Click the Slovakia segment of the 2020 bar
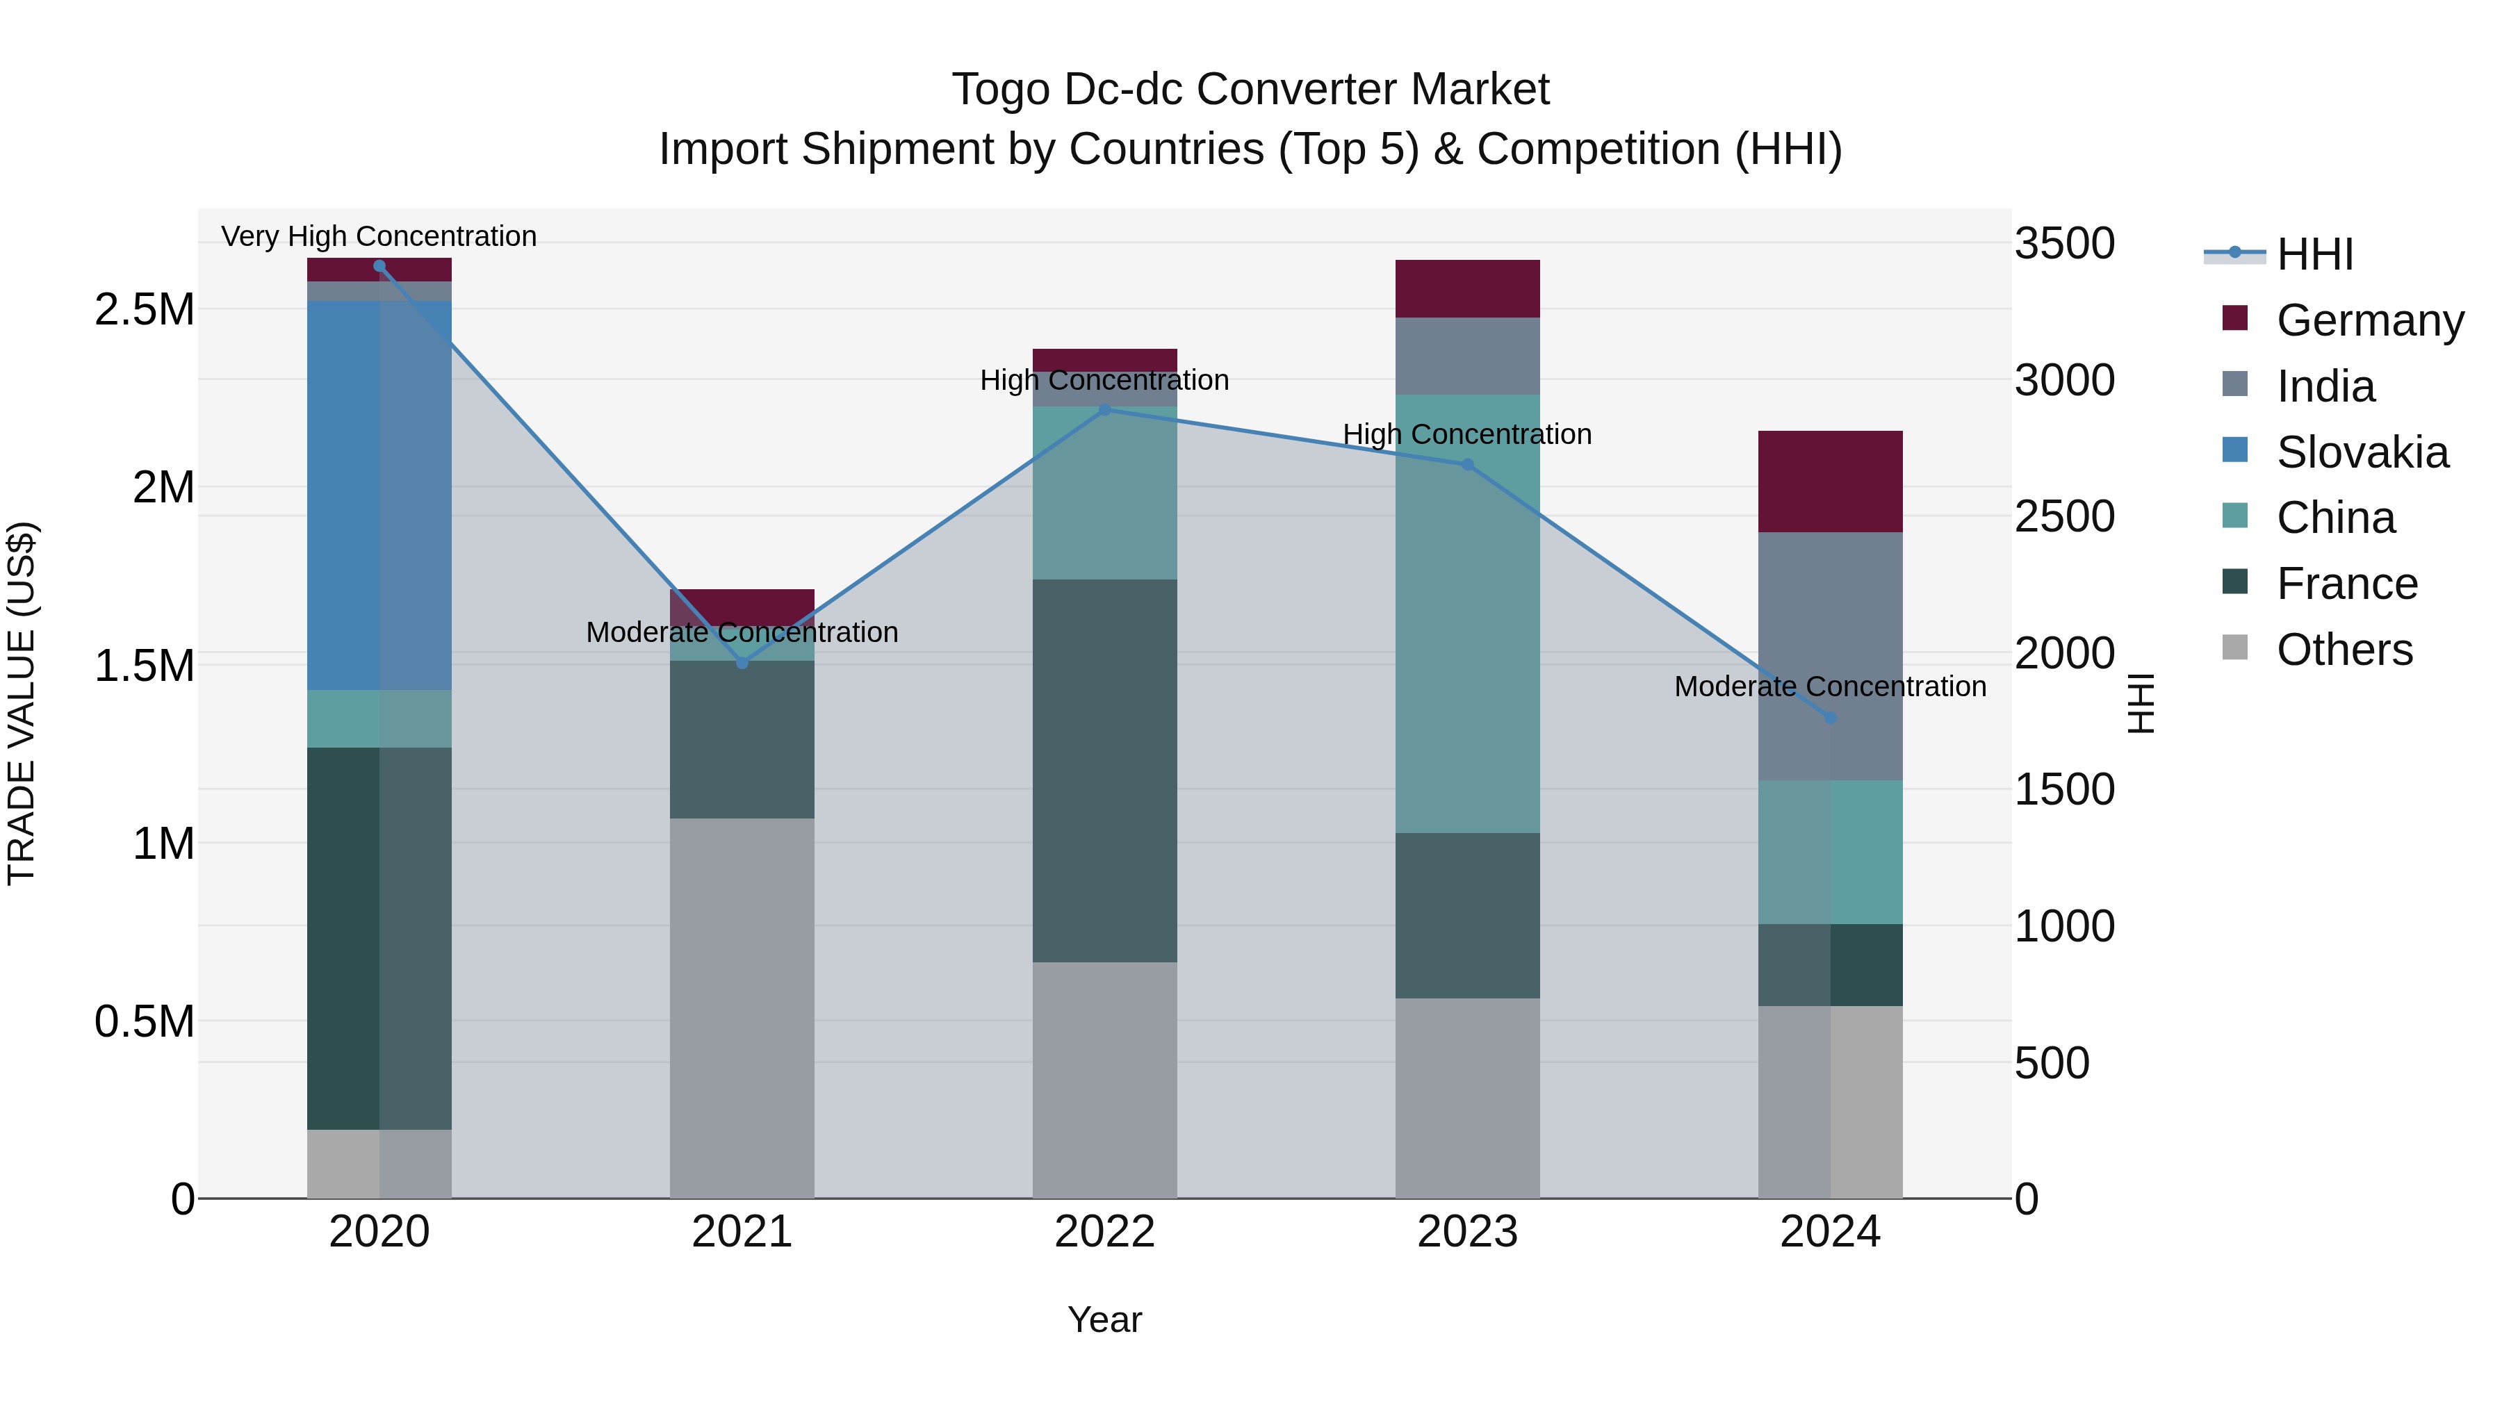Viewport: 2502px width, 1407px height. point(379,495)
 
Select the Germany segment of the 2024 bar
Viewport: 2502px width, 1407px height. point(1830,481)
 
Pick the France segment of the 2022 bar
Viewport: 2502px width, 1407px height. point(1104,771)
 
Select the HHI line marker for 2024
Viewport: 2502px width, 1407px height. point(1830,718)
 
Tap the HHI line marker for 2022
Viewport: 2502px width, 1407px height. point(1104,410)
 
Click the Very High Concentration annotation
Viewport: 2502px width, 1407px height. point(379,236)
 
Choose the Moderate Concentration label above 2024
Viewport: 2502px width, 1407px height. point(1830,686)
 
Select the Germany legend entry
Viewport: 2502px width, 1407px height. point(2369,320)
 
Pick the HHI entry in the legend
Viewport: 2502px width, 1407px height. point(2314,254)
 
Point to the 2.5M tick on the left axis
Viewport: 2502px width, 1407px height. point(144,310)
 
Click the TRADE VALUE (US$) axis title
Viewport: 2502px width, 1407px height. point(22,703)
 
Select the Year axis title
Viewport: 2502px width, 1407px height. point(1104,1319)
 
